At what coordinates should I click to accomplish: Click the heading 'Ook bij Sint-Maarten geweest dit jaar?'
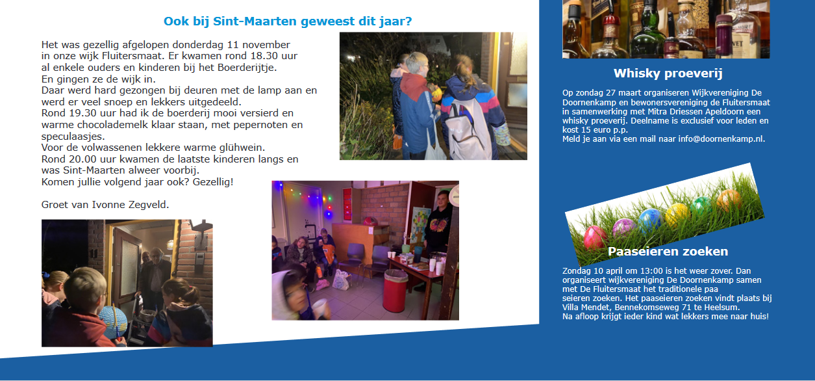[x=288, y=21]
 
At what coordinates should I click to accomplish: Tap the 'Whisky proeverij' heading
[x=668, y=73]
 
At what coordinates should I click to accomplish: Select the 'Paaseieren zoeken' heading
[x=668, y=252]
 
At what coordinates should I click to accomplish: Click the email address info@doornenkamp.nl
[x=721, y=138]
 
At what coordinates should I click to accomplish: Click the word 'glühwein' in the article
[x=240, y=148]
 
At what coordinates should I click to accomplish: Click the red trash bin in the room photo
[x=395, y=291]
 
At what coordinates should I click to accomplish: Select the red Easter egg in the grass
[x=594, y=237]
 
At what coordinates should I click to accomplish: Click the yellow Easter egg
[x=677, y=214]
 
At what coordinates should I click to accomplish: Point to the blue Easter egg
[x=651, y=220]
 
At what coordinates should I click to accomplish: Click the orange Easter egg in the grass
[x=729, y=200]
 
